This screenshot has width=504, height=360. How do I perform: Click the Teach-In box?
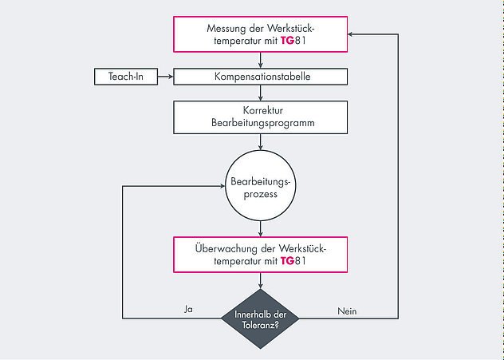124,77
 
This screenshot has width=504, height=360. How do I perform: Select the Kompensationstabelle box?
261,77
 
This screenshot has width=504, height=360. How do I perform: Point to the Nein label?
347,310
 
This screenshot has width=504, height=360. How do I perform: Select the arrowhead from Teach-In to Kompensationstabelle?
169,77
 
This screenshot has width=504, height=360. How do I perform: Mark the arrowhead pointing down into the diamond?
261,283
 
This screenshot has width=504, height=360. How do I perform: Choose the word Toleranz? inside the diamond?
261,325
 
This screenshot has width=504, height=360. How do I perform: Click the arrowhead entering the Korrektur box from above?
261,96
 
